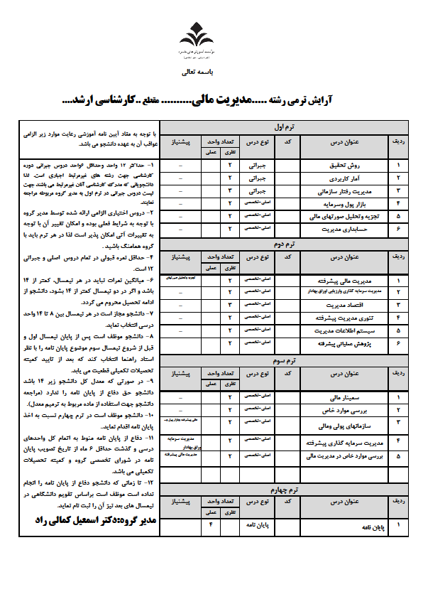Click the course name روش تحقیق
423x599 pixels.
pos(361,166)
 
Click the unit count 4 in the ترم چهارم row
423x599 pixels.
pos(211,526)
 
